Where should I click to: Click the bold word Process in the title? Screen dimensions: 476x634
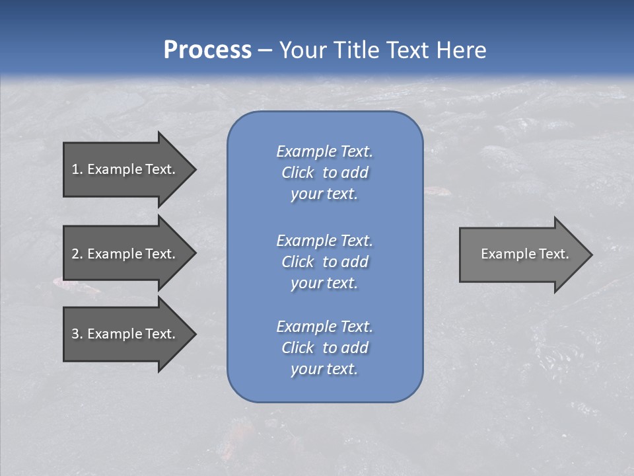(207, 50)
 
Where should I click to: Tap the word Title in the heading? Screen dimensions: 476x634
(357, 50)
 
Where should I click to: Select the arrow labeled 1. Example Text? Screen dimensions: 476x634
(125, 169)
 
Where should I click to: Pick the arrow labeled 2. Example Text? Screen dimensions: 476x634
(125, 254)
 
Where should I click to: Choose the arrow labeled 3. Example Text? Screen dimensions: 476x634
(125, 334)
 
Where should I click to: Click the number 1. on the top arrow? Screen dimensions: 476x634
(77, 169)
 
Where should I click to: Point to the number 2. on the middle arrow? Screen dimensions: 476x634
(77, 254)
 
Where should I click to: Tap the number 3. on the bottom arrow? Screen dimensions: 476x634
(77, 334)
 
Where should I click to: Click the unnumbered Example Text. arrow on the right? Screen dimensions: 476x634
(522, 254)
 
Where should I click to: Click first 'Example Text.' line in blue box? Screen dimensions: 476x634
(324, 151)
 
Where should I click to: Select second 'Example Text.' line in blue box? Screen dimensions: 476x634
(324, 240)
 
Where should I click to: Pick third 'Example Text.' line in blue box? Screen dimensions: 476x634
(324, 326)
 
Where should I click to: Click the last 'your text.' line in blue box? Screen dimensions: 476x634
(324, 369)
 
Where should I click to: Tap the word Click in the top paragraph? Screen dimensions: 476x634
(298, 173)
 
